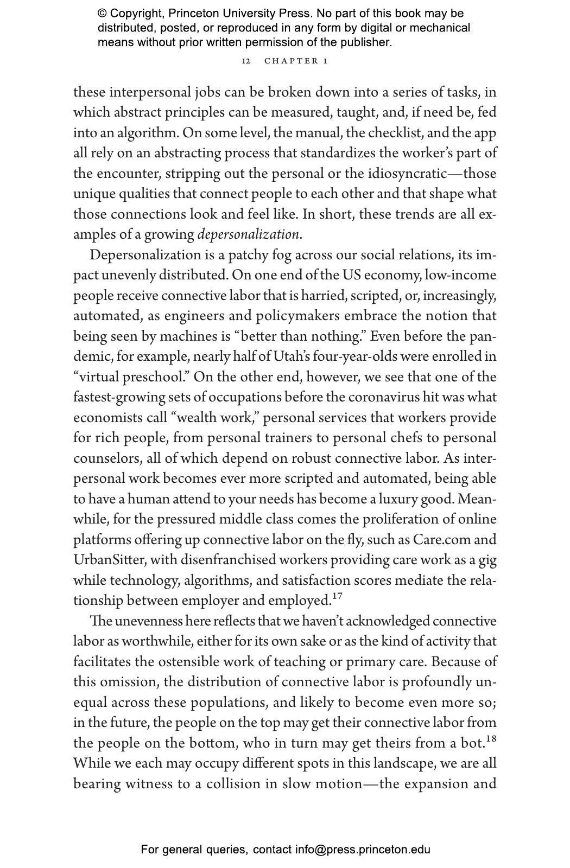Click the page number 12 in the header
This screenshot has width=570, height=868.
click(x=246, y=61)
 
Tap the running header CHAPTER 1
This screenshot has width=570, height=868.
click(x=296, y=61)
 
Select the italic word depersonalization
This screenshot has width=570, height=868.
click(x=248, y=235)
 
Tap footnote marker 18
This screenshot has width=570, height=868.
click(x=491, y=738)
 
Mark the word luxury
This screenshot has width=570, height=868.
click(x=398, y=500)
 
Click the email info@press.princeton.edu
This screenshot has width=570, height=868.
click(x=363, y=850)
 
